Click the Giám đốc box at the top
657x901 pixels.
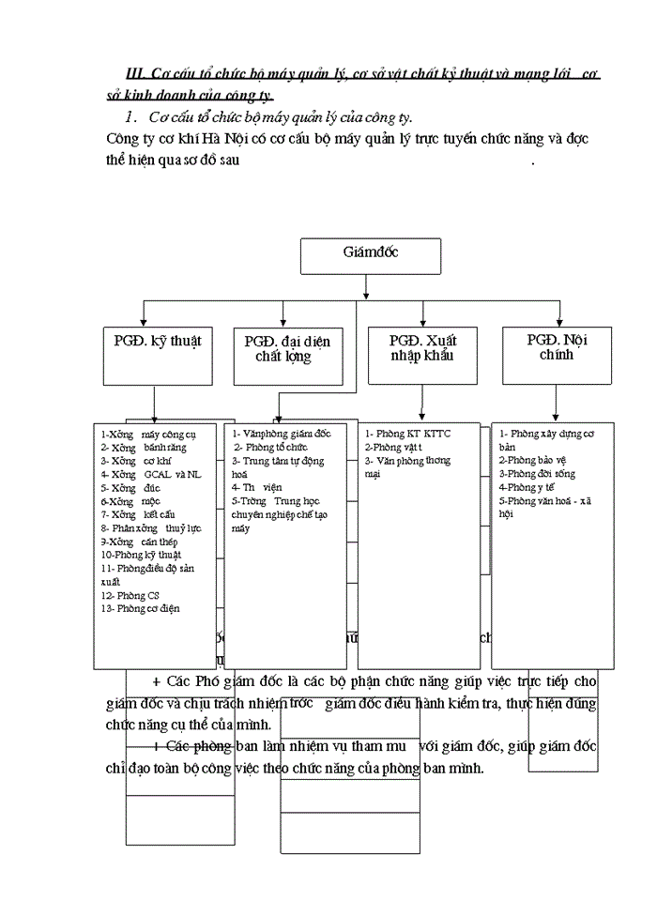[x=369, y=255]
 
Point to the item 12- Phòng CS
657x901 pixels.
[x=130, y=595]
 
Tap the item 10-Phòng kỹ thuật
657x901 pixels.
[x=142, y=555]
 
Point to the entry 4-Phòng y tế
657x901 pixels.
[x=531, y=487]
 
